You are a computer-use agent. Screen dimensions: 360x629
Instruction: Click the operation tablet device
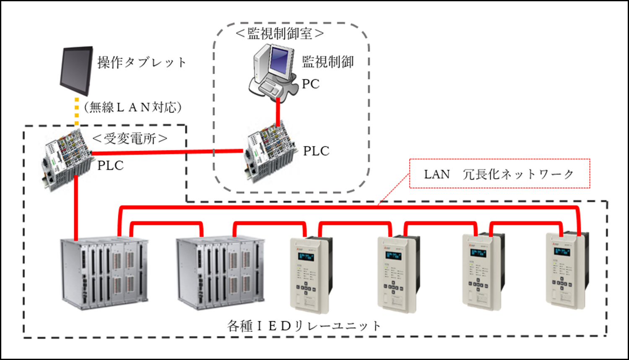76,70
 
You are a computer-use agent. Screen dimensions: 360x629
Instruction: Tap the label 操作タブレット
142,63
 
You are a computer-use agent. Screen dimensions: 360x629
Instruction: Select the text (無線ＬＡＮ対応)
133,107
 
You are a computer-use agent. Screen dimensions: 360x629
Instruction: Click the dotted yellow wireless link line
77,112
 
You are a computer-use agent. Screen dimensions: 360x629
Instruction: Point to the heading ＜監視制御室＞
280,34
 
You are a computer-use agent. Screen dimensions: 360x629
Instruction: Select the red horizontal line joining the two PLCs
168,152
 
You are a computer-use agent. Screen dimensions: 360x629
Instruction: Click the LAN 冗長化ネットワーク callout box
499,174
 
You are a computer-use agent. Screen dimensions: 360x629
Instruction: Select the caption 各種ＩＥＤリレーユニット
304,326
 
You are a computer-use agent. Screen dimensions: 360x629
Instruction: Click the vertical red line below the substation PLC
76,208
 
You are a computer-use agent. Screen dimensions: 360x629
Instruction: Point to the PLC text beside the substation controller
110,166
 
